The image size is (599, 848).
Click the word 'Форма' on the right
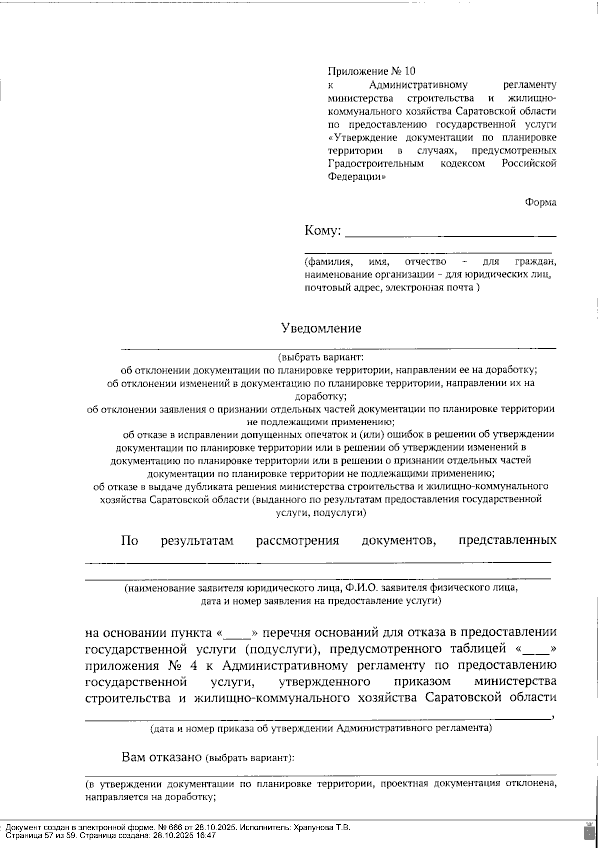click(540, 202)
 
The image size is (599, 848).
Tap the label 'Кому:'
click(323, 231)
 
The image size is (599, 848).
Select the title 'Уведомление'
click(321, 328)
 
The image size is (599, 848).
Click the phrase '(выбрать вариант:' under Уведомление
click(321, 357)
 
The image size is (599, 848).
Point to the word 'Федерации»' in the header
click(356, 176)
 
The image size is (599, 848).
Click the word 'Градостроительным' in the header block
click(376, 163)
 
